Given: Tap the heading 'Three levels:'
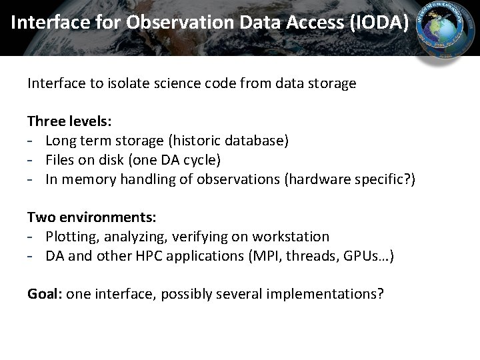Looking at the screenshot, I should point(69,121).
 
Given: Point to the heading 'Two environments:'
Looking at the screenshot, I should point(92,217).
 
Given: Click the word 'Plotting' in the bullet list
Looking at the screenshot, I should point(71,237).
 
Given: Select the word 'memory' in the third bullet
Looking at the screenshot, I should point(86,179).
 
